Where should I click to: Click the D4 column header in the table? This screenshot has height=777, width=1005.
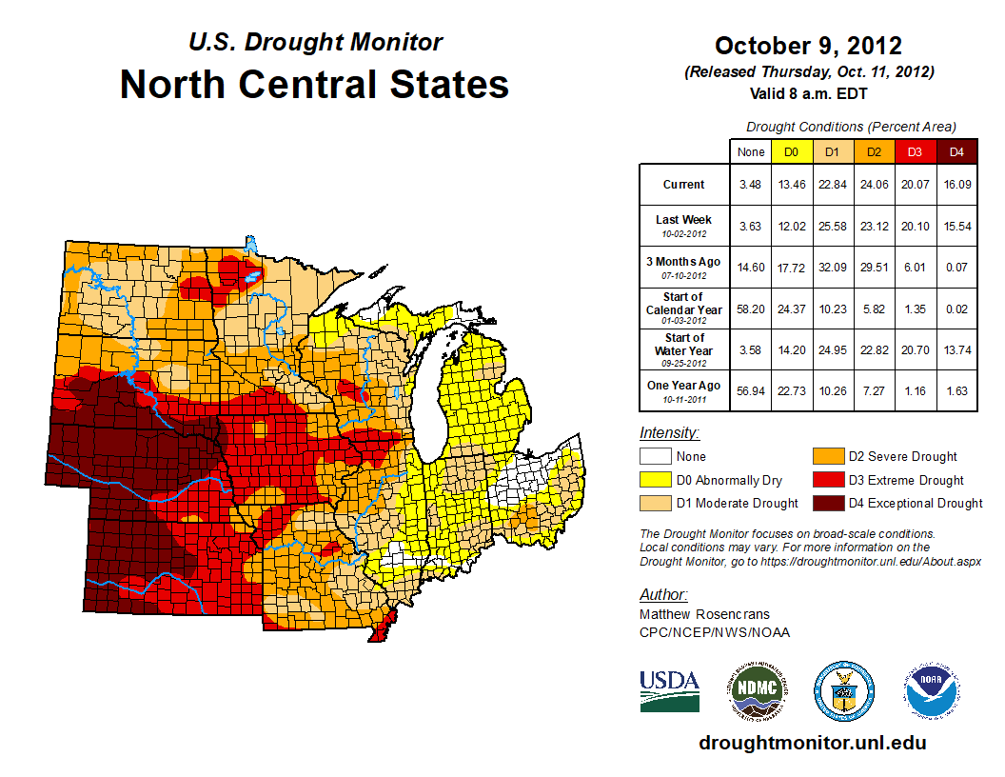956,151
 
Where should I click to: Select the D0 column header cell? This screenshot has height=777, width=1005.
791,151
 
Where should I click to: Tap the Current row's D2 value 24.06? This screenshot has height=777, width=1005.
875,185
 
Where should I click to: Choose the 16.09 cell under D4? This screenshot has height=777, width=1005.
956,185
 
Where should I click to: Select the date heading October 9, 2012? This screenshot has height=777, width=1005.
808,46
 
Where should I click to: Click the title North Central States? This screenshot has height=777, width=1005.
314,85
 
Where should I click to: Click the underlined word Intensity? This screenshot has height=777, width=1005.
669,432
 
